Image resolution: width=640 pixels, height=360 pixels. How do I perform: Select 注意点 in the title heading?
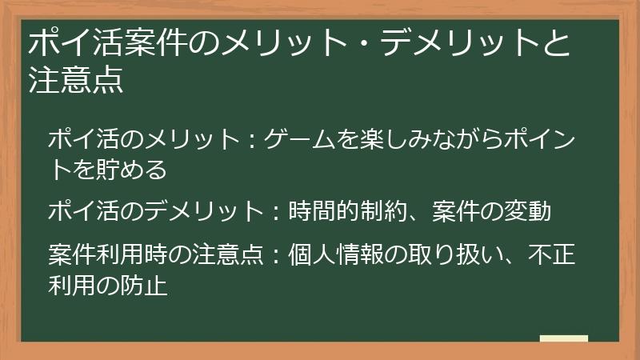[x=76, y=82]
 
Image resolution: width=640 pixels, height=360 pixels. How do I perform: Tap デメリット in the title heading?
[x=454, y=46]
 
